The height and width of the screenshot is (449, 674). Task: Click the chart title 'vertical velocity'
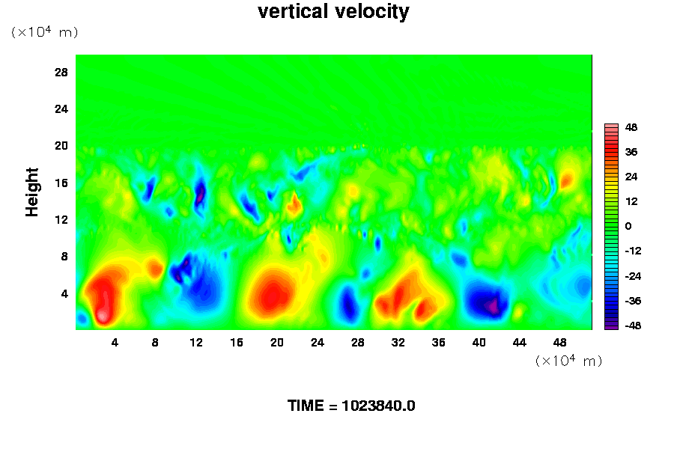click(333, 11)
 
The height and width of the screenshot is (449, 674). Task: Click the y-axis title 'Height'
click(31, 192)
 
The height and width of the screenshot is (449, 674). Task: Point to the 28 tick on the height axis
click(61, 72)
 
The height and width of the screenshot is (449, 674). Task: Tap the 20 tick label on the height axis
click(61, 146)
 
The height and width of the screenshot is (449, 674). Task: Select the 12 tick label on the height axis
click(61, 220)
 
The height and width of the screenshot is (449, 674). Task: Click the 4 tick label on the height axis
click(64, 294)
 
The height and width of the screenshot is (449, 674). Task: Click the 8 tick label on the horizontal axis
click(155, 343)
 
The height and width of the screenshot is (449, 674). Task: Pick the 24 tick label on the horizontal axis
click(318, 343)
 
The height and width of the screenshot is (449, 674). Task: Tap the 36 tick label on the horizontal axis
click(438, 343)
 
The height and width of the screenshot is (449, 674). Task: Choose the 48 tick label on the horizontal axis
click(559, 343)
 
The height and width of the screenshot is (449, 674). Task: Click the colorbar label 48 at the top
click(631, 127)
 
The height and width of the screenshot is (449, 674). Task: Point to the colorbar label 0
click(628, 226)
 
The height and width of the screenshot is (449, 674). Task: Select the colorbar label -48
click(633, 326)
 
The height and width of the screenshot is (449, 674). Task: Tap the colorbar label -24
click(633, 276)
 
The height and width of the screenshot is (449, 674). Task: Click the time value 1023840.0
click(378, 406)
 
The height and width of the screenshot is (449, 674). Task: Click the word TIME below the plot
click(306, 406)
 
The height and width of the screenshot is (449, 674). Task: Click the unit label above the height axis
click(44, 32)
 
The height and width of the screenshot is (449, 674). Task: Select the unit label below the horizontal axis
click(568, 361)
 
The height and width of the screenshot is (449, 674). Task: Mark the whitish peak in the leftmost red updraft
click(103, 317)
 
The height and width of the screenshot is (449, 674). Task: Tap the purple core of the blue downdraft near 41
click(492, 306)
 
